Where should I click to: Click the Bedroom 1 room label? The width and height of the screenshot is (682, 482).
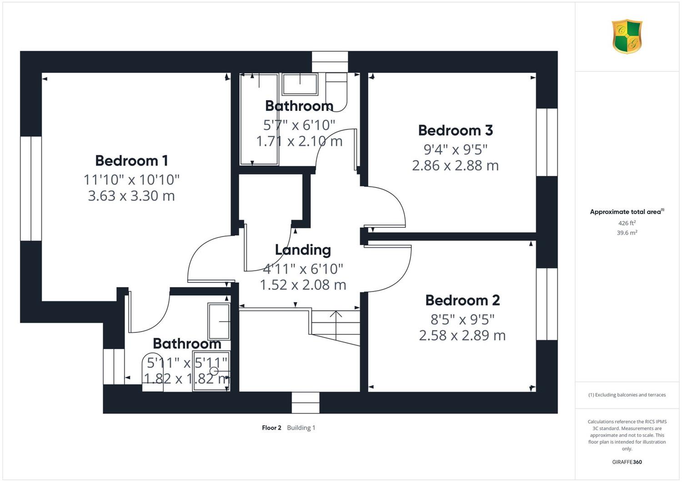tap(131, 161)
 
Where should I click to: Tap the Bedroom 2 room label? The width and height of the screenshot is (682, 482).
tap(462, 300)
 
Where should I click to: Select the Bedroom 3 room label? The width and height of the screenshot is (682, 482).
tap(456, 131)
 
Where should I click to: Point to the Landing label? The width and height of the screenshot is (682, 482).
tap(303, 250)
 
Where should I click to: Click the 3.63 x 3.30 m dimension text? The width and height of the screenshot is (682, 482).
tap(131, 196)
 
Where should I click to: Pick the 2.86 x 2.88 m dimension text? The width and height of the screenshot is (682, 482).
tap(456, 166)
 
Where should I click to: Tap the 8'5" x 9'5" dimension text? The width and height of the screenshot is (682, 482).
tap(462, 319)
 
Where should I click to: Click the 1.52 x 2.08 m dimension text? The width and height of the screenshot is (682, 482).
tap(303, 285)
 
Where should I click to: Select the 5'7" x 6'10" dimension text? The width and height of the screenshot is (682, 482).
tap(299, 125)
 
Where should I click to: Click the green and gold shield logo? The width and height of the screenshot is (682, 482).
tap(627, 36)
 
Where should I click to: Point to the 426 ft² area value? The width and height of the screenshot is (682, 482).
tap(627, 223)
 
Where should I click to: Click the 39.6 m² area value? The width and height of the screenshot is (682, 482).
tap(627, 233)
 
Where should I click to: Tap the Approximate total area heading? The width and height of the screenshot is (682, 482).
tap(627, 211)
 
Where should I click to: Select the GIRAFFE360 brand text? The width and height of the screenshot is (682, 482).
tap(627, 462)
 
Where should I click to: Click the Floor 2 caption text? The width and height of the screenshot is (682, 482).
tap(271, 428)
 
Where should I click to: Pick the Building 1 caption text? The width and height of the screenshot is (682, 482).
tap(301, 428)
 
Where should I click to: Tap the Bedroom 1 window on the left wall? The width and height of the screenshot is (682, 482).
tap(31, 188)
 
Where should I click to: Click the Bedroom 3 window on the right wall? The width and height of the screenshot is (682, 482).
tap(547, 142)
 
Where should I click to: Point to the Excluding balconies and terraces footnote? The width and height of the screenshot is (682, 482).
tap(627, 395)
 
